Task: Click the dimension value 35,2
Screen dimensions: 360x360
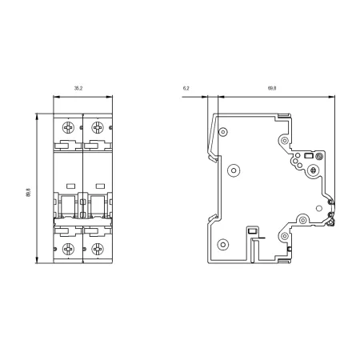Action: tap(78, 88)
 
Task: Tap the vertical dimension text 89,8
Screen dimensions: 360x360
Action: tap(28, 193)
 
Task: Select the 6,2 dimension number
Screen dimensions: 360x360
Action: tap(186, 88)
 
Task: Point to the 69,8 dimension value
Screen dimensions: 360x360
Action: tap(272, 88)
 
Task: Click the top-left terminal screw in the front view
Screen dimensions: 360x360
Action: tap(69, 127)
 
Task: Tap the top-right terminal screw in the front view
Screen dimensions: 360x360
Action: tap(98, 127)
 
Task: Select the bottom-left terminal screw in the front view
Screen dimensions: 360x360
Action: tap(69, 249)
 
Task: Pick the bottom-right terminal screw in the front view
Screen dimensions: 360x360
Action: tap(98, 249)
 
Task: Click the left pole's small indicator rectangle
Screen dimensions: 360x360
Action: tap(71, 186)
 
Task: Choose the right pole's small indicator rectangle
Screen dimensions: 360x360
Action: tap(100, 186)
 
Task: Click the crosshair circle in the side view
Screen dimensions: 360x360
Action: tap(314, 170)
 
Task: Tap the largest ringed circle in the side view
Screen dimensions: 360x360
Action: tap(234, 170)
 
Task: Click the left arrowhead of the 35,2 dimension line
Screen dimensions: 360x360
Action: tap(56, 97)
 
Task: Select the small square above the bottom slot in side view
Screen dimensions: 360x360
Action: tap(252, 230)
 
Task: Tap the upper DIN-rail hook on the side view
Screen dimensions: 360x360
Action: tap(213, 158)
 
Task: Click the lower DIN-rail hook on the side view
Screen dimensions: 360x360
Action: tap(213, 218)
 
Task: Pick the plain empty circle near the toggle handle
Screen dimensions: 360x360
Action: tap(319, 208)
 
